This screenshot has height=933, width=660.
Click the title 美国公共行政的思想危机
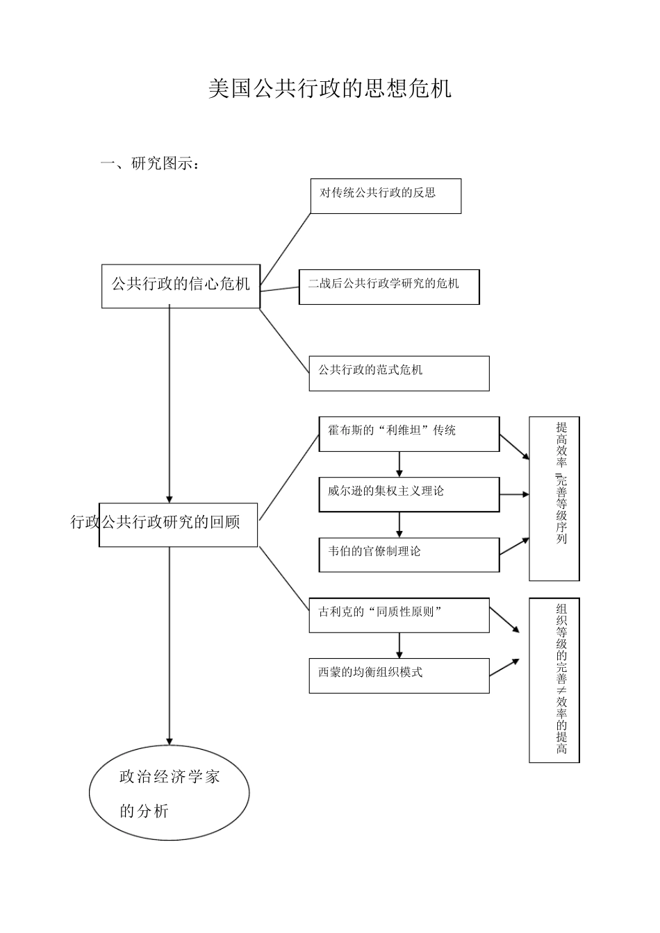point(329,89)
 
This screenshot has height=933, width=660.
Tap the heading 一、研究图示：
point(152,164)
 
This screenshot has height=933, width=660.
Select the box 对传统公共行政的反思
point(386,196)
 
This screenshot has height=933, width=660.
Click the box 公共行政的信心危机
point(181,285)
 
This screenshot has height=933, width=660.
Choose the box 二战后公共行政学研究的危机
point(389,287)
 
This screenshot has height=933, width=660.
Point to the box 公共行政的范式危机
point(399,373)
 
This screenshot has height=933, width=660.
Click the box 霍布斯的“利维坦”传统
point(409,434)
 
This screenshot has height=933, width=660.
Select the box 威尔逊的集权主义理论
point(409,494)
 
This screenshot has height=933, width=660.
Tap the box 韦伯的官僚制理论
point(409,555)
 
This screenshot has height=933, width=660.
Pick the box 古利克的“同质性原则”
point(399,615)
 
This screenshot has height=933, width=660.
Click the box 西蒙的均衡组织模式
point(399,675)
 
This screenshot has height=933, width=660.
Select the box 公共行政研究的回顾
point(179,524)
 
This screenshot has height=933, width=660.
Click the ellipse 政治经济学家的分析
point(170,793)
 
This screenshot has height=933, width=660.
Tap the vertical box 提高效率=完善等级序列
point(554,498)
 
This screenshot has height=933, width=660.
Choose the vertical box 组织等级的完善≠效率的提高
point(554,680)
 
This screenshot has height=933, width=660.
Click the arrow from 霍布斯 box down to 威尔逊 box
point(399,464)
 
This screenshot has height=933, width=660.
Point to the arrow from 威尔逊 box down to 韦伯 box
point(399,525)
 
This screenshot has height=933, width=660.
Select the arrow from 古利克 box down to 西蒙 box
point(399,645)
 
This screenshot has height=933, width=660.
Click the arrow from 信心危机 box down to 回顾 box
point(170,403)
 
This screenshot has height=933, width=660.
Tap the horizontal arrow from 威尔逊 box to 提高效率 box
point(514,495)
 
